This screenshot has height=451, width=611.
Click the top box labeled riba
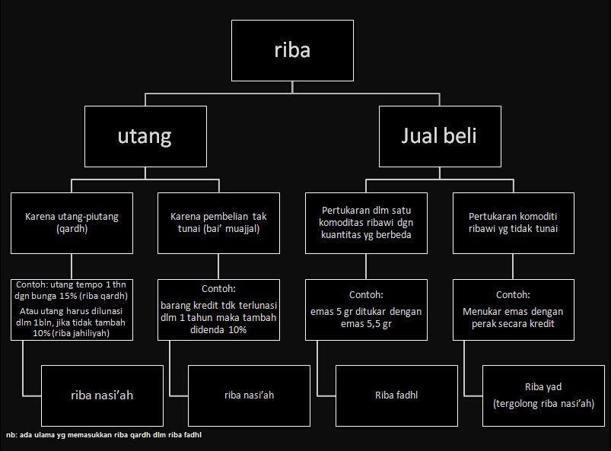292,50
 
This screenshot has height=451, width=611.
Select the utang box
145,136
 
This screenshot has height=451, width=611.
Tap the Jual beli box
440,136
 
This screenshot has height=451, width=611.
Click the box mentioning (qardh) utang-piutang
72,223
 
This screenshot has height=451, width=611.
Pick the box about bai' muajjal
219,223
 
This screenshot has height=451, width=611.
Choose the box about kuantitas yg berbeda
366,223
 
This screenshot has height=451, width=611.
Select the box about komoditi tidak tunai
513,223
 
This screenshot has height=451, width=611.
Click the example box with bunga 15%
72,309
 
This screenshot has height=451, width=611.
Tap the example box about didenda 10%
219,309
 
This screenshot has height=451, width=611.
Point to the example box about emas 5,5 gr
366,309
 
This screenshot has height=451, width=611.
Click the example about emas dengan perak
513,309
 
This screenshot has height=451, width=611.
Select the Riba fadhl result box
396,395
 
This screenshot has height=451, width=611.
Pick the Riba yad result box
543,395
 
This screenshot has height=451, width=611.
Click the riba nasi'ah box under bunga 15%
102,395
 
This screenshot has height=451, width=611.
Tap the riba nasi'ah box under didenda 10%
250,395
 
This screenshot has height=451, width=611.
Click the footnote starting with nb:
103,435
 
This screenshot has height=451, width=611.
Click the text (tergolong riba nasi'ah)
543,404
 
